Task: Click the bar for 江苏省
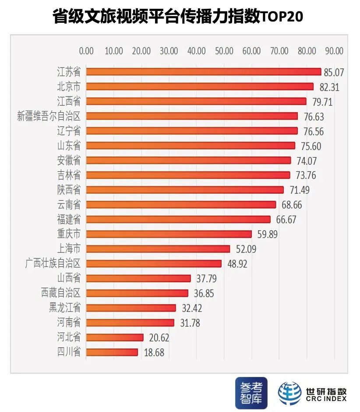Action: point(203,72)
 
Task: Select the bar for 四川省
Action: point(112,352)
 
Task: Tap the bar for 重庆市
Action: point(169,234)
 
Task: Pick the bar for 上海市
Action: point(158,249)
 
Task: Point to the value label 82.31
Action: point(328,87)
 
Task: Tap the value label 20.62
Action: point(159,337)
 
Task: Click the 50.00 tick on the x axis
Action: point(224,51)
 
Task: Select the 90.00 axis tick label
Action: point(334,51)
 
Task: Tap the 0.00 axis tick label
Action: point(86,51)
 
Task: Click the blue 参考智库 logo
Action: point(251,391)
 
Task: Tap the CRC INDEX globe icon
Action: point(289,393)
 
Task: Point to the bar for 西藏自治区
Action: point(137,293)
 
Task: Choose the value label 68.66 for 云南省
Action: point(291,205)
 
